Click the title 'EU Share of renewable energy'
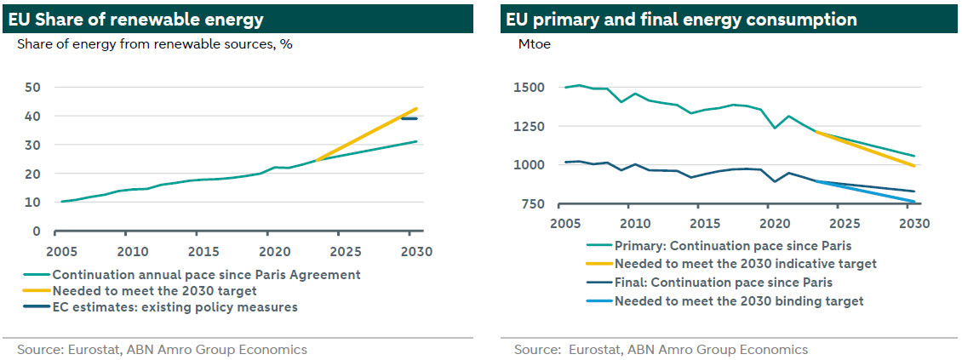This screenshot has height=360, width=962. pyautogui.click(x=136, y=20)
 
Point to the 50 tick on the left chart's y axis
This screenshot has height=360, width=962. pyautogui.click(x=34, y=87)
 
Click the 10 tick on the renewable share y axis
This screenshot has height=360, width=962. pyautogui.click(x=34, y=203)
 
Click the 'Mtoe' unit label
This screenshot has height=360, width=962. pyautogui.click(x=533, y=44)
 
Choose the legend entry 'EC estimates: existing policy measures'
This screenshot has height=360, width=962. pyautogui.click(x=175, y=307)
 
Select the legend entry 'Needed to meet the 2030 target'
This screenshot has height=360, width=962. pyautogui.click(x=154, y=291)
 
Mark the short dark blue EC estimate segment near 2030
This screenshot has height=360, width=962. pyautogui.click(x=409, y=119)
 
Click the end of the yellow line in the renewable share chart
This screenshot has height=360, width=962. pyautogui.click(x=416, y=108)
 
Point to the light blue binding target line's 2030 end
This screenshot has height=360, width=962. pyautogui.click(x=913, y=202)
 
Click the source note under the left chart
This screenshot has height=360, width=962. pyautogui.click(x=162, y=350)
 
